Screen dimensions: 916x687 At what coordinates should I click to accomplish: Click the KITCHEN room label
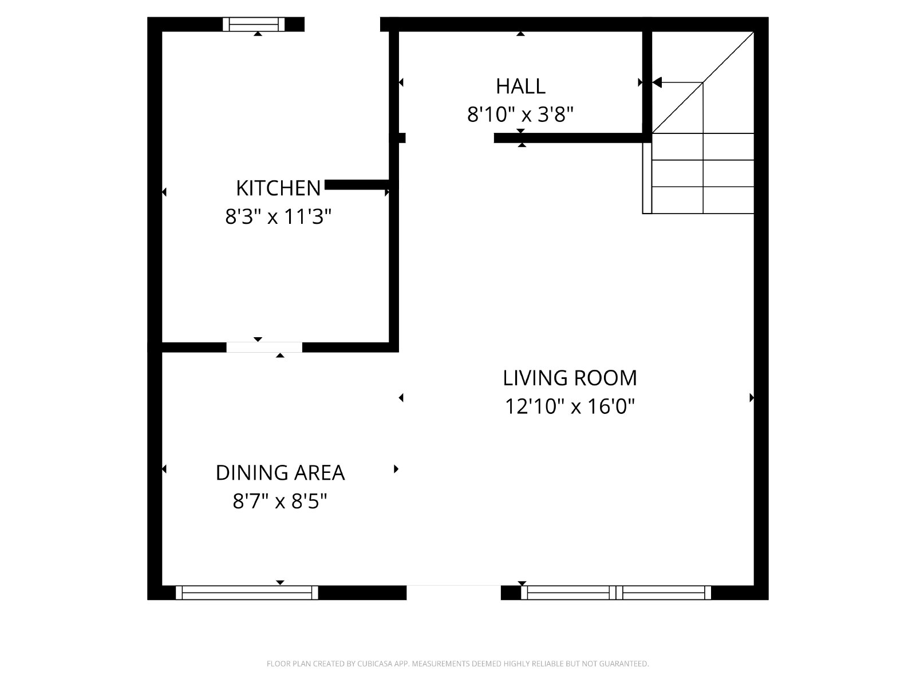(x=278, y=188)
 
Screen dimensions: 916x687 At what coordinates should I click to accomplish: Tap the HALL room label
(x=520, y=86)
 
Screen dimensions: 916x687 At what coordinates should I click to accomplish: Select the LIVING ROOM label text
(x=570, y=378)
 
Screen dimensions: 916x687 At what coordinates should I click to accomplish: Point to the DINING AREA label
(x=280, y=473)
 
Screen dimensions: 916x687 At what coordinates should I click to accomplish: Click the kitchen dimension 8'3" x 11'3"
(x=278, y=216)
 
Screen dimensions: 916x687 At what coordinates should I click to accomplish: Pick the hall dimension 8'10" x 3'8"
(x=520, y=114)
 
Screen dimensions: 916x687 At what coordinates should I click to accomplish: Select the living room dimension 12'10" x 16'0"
(x=570, y=406)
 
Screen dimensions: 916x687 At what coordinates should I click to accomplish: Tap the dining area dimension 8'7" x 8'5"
(x=279, y=501)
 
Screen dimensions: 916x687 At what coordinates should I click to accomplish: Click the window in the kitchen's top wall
(x=254, y=24)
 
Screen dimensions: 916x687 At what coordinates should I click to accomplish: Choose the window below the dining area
(x=247, y=593)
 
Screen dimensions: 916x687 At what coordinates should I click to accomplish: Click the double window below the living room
(x=616, y=593)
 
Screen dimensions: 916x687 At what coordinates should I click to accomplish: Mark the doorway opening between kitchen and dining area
(x=264, y=347)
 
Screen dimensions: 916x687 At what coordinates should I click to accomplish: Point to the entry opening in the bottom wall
(x=453, y=593)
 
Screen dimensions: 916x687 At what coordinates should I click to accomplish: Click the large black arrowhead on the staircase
(x=657, y=82)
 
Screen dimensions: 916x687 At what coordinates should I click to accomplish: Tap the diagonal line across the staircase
(x=703, y=82)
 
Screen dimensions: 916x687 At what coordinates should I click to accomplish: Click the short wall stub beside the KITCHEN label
(x=357, y=185)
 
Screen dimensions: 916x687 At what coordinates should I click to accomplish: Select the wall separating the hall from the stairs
(x=647, y=82)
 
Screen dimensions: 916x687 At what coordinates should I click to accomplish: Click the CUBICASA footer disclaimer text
(x=458, y=664)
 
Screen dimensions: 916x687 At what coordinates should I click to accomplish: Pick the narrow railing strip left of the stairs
(x=647, y=178)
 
